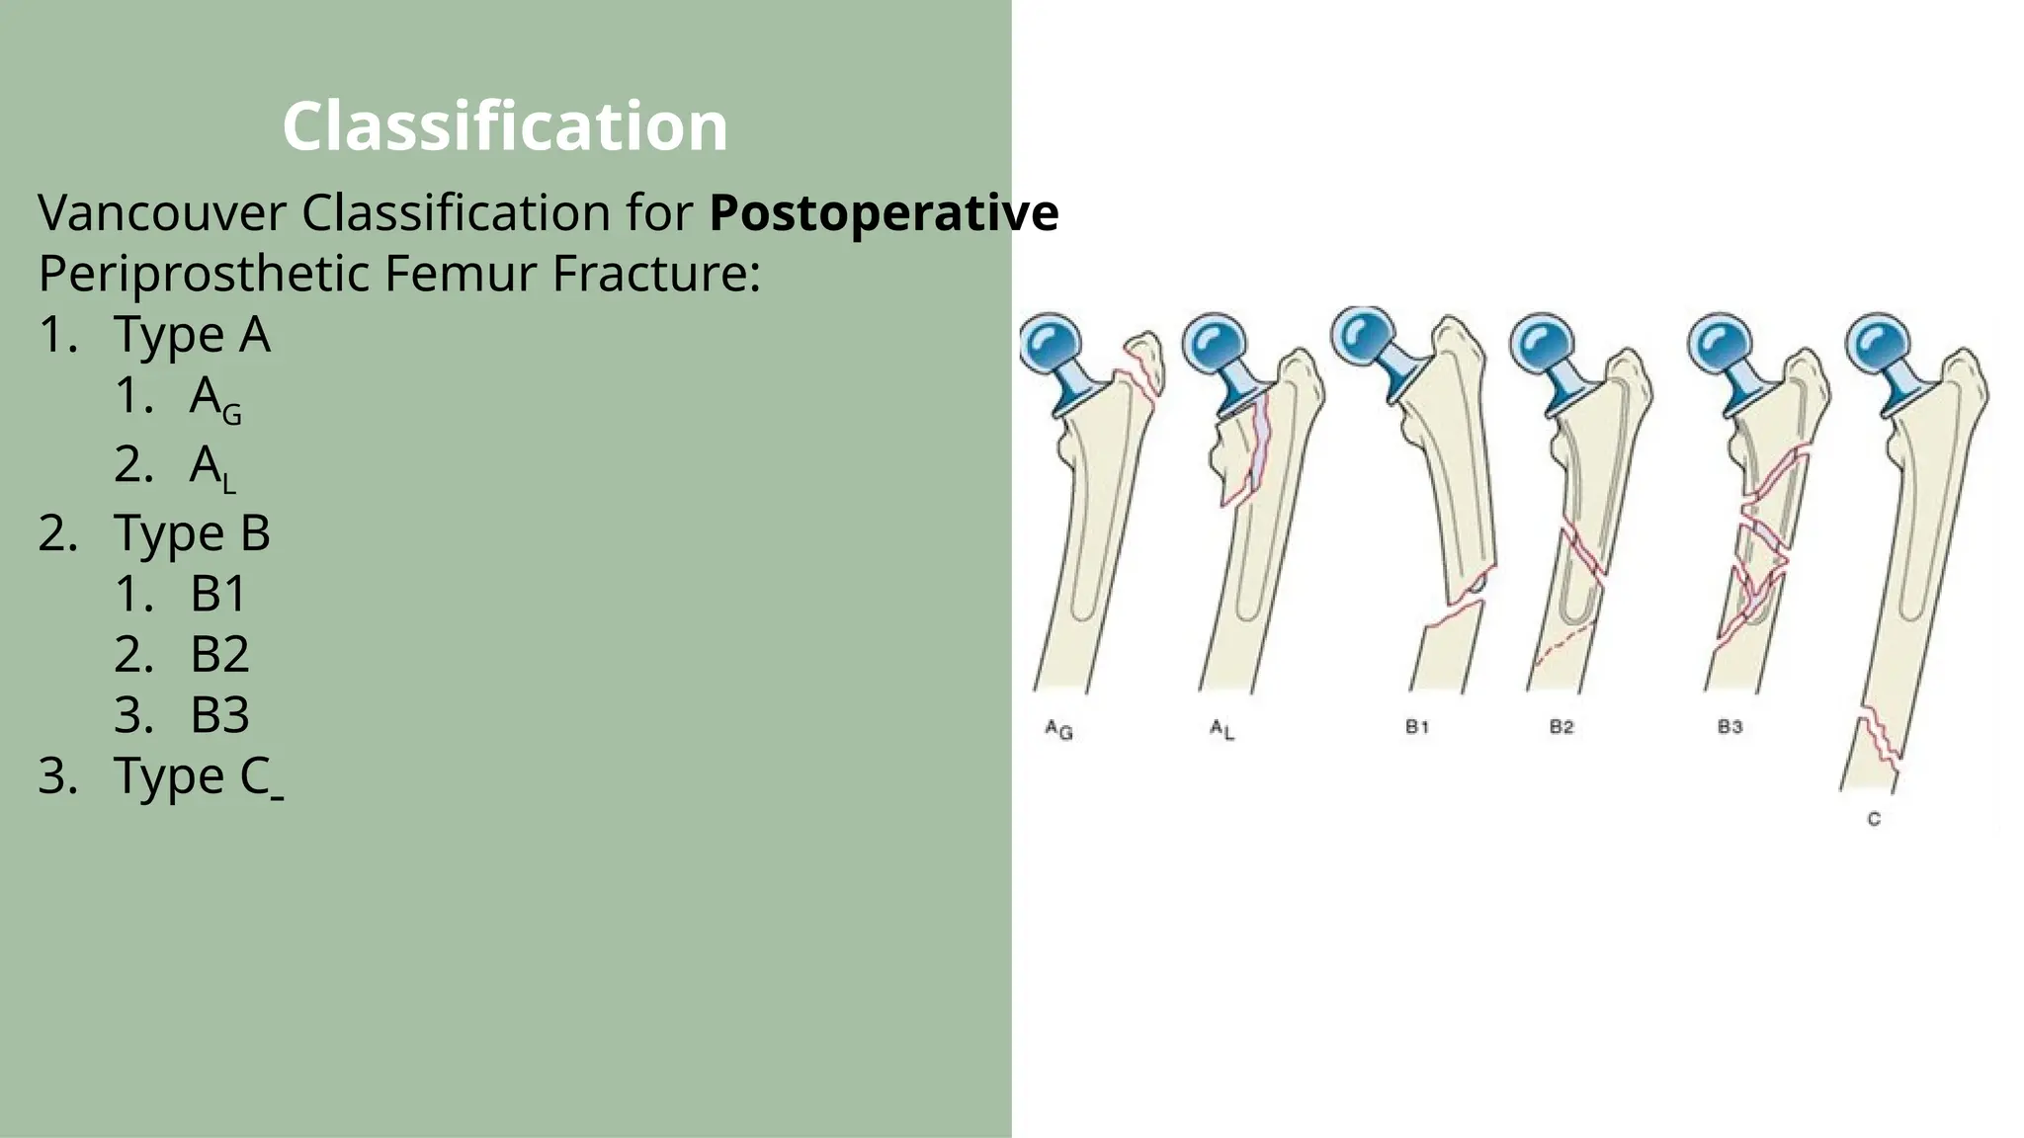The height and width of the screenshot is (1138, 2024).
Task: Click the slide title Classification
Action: pos(505,125)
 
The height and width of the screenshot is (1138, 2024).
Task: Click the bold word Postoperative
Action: pos(884,212)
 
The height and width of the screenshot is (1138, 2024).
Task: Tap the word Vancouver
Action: pos(162,212)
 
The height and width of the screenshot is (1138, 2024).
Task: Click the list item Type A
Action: pos(192,334)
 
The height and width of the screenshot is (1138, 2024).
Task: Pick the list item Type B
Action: pos(192,532)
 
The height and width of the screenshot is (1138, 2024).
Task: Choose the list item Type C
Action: pos(192,775)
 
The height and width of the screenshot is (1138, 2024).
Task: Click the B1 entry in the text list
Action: pos(218,594)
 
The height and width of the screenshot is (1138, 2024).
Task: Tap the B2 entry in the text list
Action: pos(219,654)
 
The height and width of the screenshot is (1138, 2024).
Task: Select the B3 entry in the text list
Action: pos(219,715)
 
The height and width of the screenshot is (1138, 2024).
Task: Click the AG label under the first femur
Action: pos(1058,730)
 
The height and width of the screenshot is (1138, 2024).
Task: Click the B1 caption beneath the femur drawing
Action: pos(1417,727)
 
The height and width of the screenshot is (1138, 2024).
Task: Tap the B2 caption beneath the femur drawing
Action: pos(1561,727)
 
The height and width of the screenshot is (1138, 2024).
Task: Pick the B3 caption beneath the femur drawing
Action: pos(1729,727)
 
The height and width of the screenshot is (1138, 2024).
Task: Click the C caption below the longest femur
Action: pos(1874,819)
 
